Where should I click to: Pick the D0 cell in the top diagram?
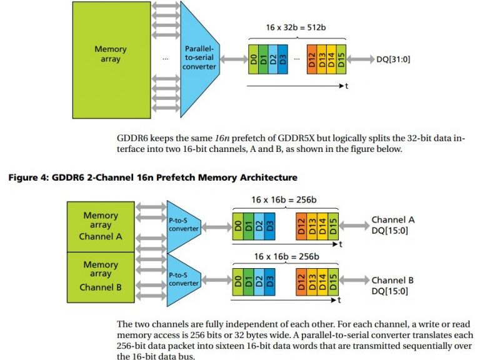point(254,59)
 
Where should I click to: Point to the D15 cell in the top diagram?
point(341,59)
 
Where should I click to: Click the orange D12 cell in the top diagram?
point(312,59)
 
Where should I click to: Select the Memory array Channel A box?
point(101,226)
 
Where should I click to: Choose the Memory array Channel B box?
point(101,276)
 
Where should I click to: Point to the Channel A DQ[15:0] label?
point(393,224)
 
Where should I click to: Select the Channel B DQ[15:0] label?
point(392,286)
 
